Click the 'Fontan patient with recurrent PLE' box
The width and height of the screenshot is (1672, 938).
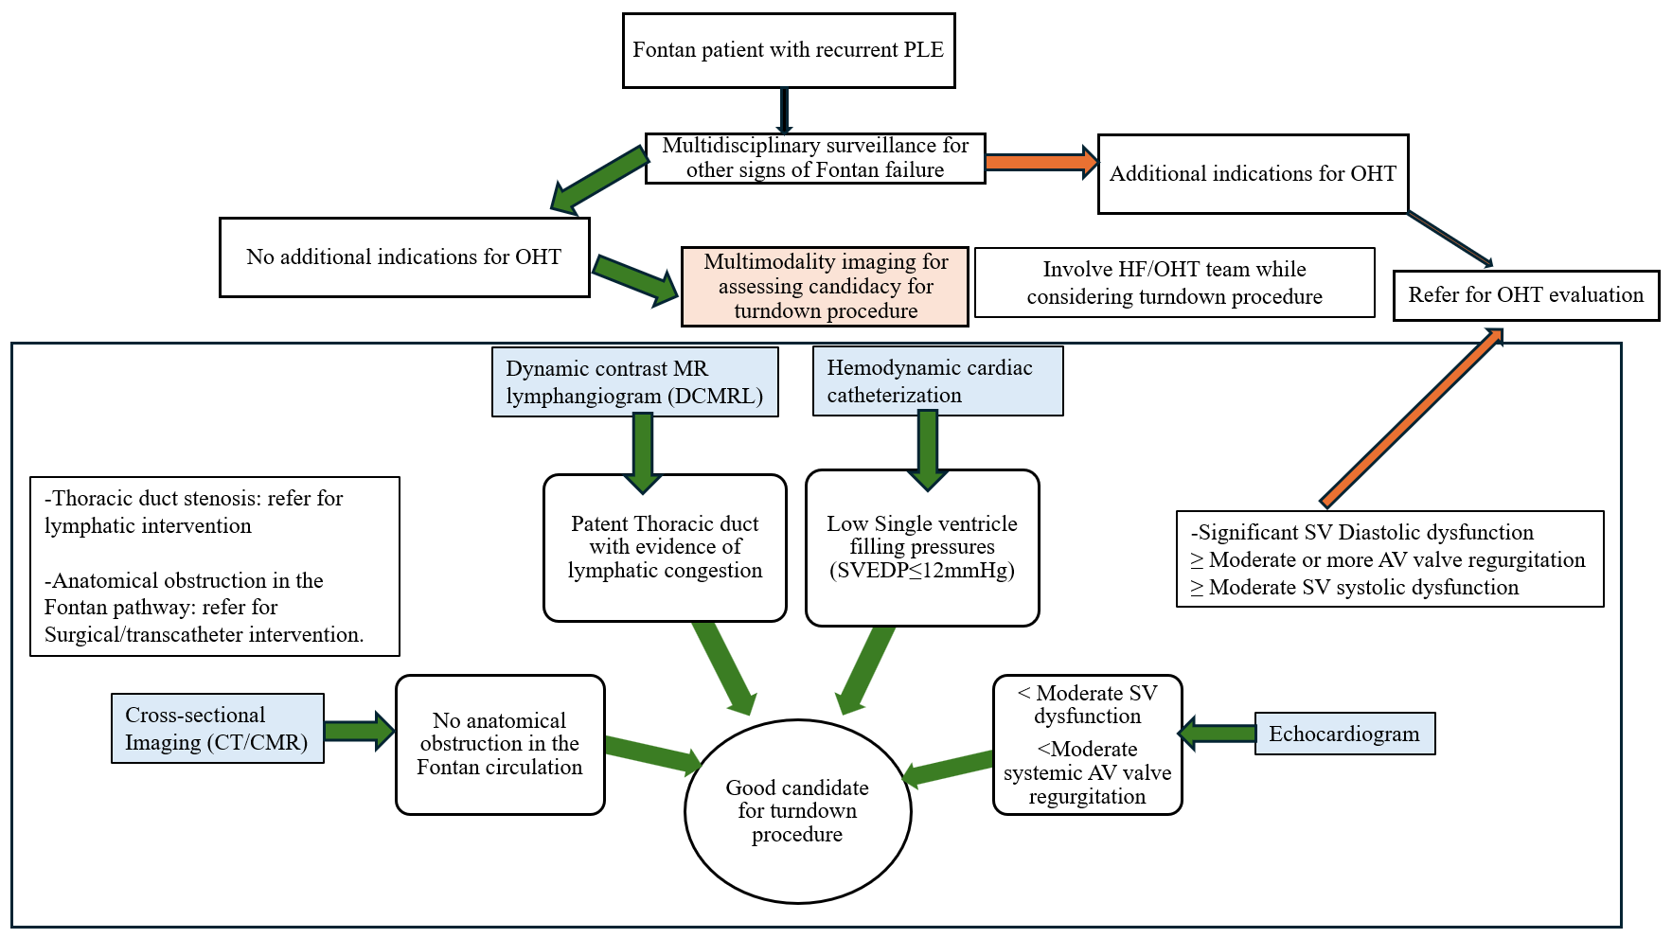coord(788,50)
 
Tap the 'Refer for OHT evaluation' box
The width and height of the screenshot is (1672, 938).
coord(1525,295)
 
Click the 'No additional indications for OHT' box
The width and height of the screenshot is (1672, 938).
coord(404,257)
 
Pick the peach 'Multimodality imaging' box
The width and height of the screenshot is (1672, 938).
coord(825,286)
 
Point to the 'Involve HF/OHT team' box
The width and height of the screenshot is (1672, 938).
coord(1174,282)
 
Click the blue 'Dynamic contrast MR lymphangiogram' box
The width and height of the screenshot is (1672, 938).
coord(634,381)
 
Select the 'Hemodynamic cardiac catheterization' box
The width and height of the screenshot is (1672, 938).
coord(937,381)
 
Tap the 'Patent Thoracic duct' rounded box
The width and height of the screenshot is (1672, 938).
coord(665,547)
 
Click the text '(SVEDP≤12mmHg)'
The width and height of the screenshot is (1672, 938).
coord(922,571)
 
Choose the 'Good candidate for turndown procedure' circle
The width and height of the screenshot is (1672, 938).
coord(797,811)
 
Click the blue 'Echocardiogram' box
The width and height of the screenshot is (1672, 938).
coord(1344,734)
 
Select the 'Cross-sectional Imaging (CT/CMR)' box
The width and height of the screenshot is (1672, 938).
coord(217,729)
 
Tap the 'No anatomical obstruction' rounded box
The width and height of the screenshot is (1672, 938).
coord(500,744)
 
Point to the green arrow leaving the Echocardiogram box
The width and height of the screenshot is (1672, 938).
coord(1218,733)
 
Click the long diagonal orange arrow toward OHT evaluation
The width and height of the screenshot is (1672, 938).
coord(1410,417)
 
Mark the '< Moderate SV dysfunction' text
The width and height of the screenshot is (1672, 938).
coord(1087,704)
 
